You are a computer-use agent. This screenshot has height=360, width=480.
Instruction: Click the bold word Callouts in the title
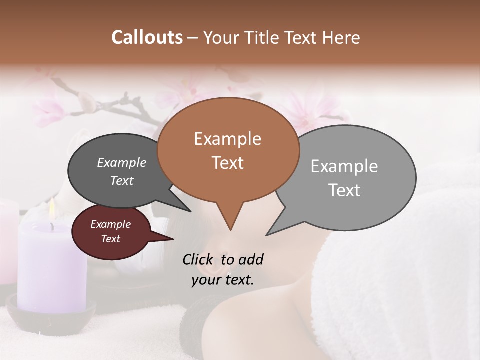tap(147, 37)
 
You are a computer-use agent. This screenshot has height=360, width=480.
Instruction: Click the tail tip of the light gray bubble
tap(267, 234)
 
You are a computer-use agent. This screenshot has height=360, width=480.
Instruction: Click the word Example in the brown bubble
tap(227, 139)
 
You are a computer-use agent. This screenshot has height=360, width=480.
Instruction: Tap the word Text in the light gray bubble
tap(344, 190)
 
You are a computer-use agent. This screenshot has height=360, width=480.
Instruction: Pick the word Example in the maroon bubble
tap(110, 224)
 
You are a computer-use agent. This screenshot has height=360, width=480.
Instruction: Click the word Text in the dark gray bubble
tap(121, 181)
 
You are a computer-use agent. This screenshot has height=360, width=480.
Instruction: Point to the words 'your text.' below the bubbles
tap(223, 280)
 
